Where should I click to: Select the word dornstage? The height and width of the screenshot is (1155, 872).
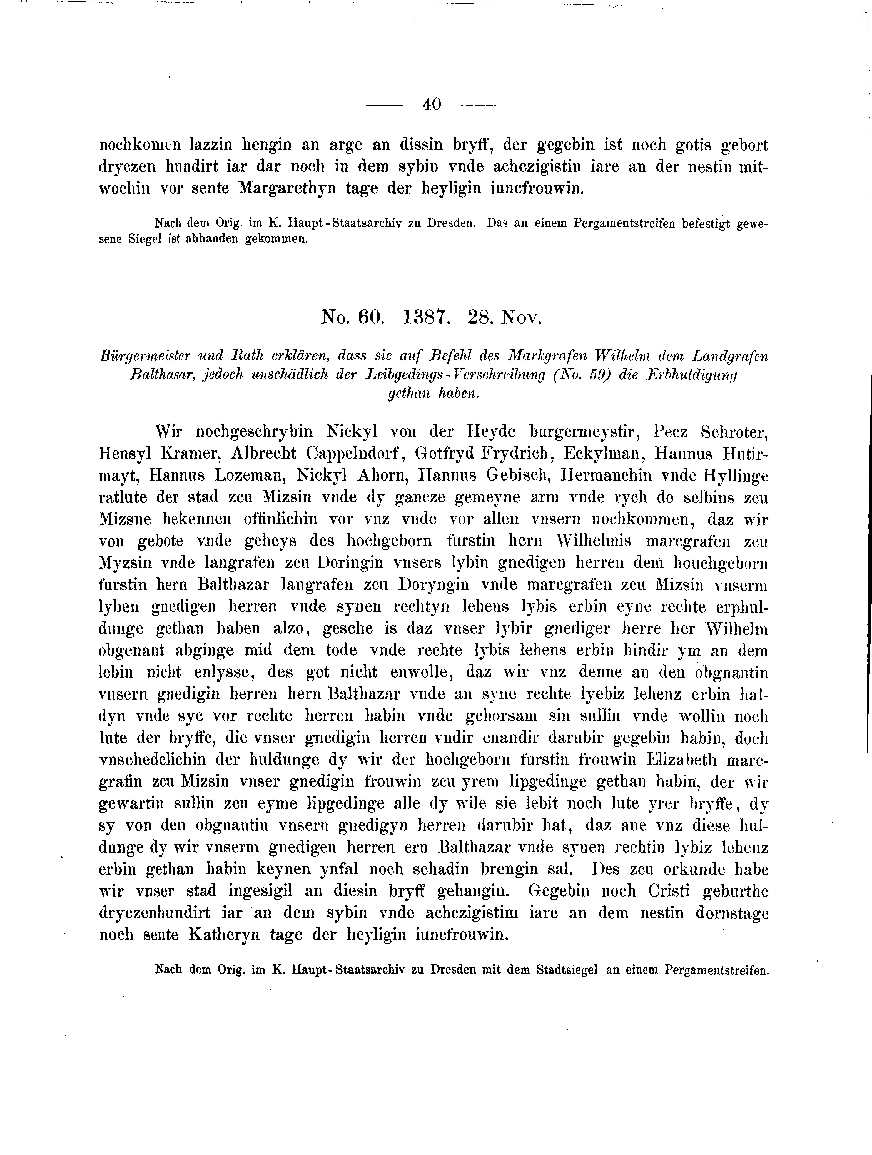point(732,913)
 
